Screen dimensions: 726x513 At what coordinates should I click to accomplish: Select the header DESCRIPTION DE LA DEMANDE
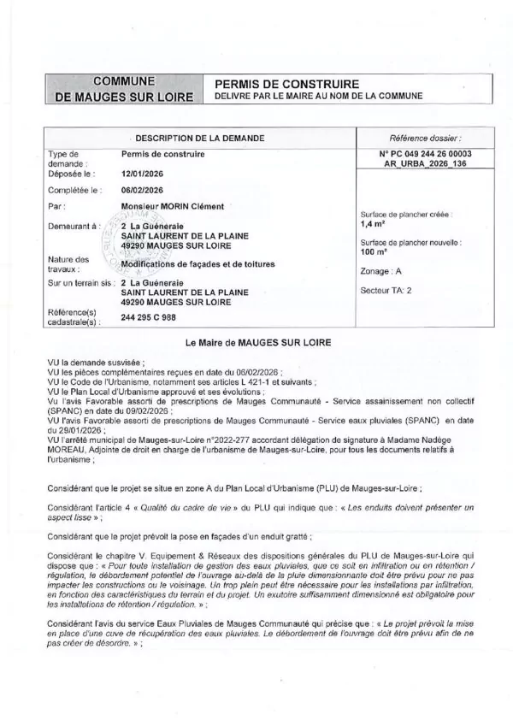coord(200,138)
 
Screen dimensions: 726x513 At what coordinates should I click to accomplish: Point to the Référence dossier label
coord(425,138)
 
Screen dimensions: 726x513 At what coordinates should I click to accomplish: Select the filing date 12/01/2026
coord(143,172)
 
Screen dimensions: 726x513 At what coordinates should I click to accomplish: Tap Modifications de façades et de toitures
coord(197,264)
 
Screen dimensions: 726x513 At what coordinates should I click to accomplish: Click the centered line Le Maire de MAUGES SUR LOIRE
coord(257,342)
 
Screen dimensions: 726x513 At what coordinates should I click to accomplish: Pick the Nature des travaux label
coord(68,263)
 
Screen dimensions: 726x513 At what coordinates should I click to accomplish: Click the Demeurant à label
coord(71,223)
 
